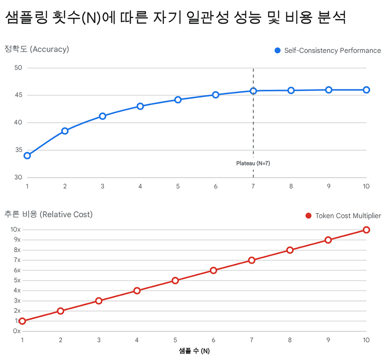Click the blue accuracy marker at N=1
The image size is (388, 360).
(x=27, y=156)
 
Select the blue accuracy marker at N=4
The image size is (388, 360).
(x=140, y=106)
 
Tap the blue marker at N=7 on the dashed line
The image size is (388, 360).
(x=253, y=91)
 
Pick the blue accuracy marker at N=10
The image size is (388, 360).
(x=366, y=90)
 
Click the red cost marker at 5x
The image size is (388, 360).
(x=175, y=281)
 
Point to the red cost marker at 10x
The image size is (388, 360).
(x=366, y=230)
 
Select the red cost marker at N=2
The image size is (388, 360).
(x=61, y=311)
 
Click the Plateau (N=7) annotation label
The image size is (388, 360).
(x=253, y=164)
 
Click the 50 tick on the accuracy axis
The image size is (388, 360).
(x=19, y=68)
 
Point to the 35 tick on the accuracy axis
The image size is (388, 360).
(x=19, y=150)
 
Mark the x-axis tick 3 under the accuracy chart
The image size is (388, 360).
(x=103, y=186)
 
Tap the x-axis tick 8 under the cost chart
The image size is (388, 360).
(x=290, y=340)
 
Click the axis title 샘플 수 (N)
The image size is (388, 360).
(x=194, y=351)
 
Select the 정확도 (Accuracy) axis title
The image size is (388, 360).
(x=37, y=49)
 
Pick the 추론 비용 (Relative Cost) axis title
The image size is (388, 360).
(x=48, y=214)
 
